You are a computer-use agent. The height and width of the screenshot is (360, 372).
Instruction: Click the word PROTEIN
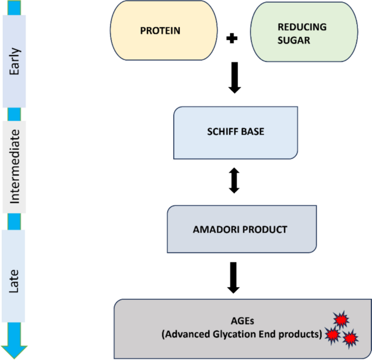point(160,30)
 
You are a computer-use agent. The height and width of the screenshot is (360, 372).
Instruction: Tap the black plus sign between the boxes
point(232,38)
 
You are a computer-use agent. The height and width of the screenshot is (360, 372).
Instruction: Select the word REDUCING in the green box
point(302,27)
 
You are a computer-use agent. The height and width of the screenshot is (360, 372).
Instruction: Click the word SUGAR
point(294,40)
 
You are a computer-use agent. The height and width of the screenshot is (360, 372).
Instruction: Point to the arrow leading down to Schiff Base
point(235,78)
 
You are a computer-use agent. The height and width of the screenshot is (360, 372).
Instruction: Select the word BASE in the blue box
point(253,131)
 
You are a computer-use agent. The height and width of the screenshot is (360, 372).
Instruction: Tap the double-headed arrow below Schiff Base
point(234,180)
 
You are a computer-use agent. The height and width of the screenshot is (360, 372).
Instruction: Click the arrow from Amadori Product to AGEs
point(234,277)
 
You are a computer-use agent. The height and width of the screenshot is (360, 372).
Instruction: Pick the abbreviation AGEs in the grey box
point(242,321)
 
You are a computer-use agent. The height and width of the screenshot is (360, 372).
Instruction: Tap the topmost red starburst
point(341,320)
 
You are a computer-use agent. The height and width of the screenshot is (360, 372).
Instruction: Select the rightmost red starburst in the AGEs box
point(350,338)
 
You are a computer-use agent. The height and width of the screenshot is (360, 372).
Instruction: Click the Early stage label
point(14,61)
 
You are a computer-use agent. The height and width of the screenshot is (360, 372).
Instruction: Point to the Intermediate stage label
point(14,167)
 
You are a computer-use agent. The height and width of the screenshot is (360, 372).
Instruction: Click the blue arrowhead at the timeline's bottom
point(14,352)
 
